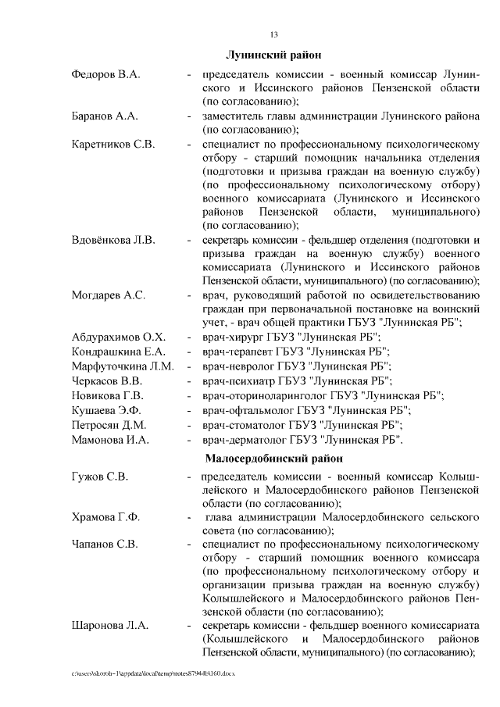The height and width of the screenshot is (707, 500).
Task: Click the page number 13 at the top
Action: coord(274,34)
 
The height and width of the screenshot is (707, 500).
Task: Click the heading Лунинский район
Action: coord(274,57)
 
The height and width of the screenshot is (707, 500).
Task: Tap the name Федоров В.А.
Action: coord(105,74)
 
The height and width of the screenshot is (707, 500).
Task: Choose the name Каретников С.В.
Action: coord(113,145)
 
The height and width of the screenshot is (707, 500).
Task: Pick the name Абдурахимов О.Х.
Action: coord(119,337)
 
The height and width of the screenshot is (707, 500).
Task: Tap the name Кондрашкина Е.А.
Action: coord(120,352)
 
